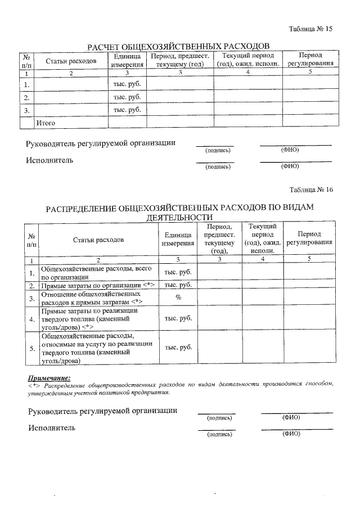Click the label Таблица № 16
pos(311,190)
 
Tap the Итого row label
pos(46,122)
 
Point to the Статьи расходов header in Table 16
pos(98,240)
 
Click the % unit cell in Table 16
pos(178,298)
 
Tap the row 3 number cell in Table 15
pos(26,110)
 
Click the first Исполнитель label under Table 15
pos(49,160)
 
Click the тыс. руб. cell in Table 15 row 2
pos(127,97)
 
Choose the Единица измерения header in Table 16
pos(178,239)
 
